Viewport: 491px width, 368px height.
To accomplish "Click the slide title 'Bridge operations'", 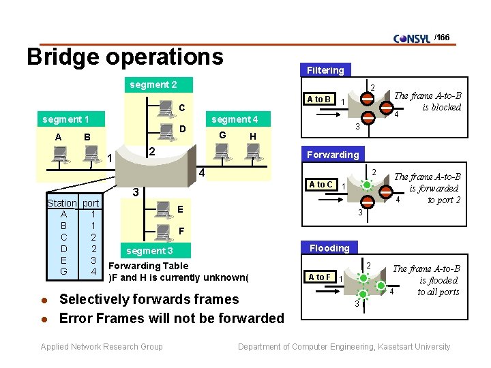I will (125, 57).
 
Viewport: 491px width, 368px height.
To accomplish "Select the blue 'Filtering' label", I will (325, 70).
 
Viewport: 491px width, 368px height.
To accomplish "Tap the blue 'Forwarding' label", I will (332, 154).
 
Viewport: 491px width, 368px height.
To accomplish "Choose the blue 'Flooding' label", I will (329, 248).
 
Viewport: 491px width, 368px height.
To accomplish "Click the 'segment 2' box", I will (153, 85).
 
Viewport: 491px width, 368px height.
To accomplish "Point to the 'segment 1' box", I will (66, 120).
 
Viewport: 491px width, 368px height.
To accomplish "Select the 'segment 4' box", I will (235, 120).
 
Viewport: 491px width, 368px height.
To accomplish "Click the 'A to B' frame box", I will (318, 99).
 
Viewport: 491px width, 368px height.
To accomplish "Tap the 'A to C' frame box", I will (321, 185).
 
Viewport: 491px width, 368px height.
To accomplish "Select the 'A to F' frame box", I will (319, 277).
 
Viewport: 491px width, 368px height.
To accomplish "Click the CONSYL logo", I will (413, 38).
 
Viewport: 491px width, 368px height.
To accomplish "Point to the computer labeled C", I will (165, 108).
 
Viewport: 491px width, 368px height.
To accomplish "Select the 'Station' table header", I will (62, 203).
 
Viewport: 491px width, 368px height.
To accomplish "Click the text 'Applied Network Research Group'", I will (102, 347).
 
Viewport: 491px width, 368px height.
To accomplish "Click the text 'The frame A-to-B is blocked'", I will (428, 102).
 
